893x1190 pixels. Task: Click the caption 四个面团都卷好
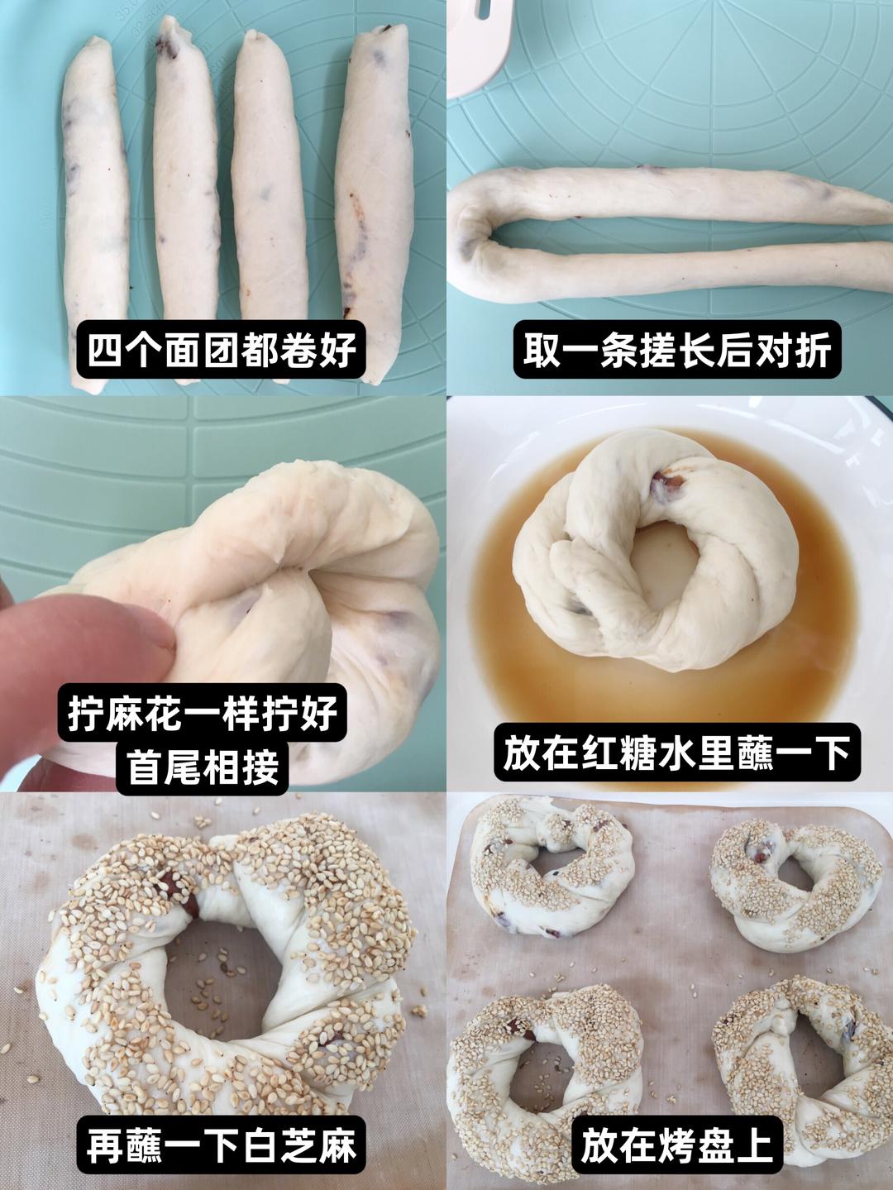(x=222, y=350)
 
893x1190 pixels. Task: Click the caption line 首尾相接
(x=203, y=767)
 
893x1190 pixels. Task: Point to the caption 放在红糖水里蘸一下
(x=676, y=753)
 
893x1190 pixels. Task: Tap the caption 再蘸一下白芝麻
(x=222, y=1147)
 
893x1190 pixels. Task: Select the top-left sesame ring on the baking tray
(x=550, y=868)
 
